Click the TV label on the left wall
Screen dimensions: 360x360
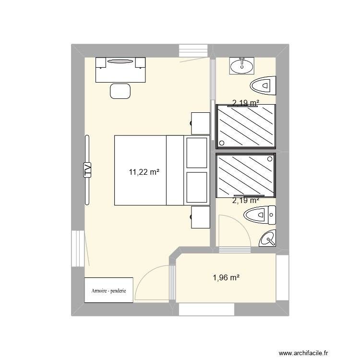click(x=87, y=170)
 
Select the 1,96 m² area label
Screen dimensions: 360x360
click(x=226, y=277)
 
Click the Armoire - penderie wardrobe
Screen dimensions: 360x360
click(x=108, y=290)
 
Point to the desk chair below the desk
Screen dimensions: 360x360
click(x=120, y=91)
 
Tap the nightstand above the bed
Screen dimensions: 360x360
click(x=201, y=123)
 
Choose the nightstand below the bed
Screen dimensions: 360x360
click(x=201, y=217)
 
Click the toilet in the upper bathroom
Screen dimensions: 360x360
click(x=264, y=86)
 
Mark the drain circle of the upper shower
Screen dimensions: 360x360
click(x=222, y=143)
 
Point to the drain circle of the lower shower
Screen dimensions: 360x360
click(x=270, y=158)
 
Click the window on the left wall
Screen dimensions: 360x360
click(x=77, y=248)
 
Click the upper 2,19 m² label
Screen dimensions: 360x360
click(x=245, y=102)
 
